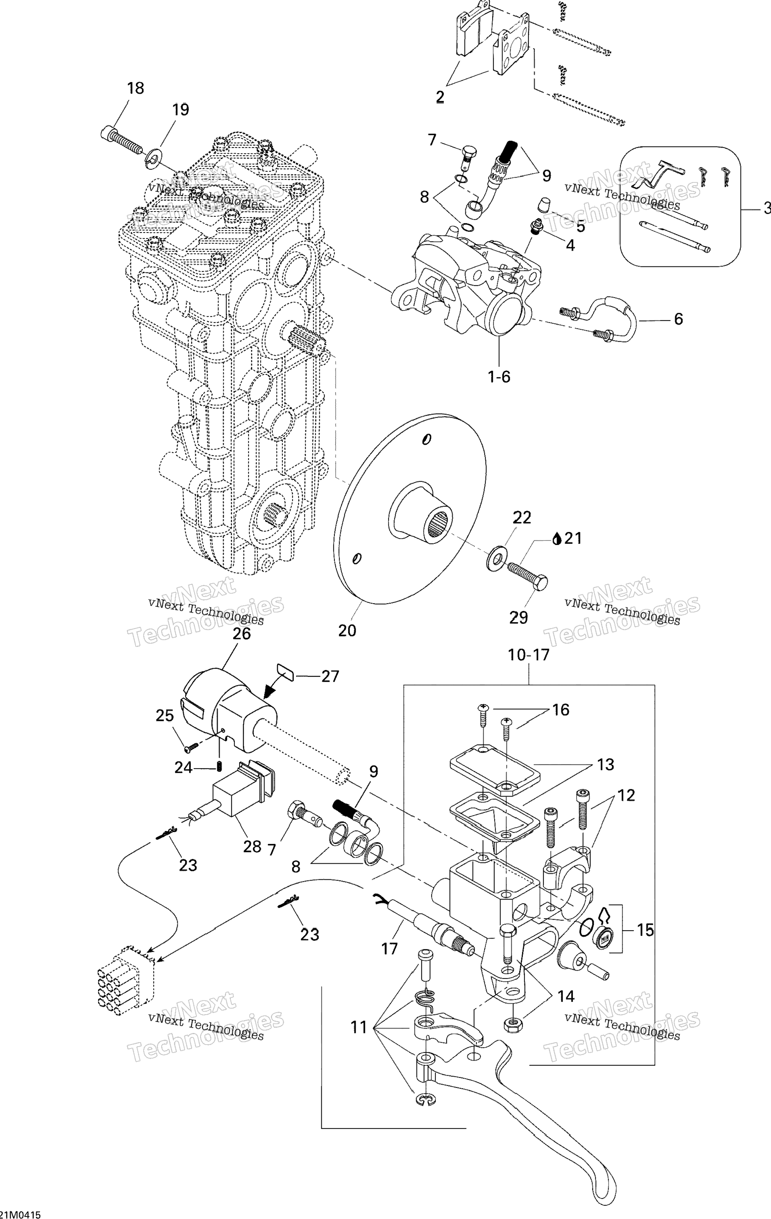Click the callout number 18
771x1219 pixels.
[135, 88]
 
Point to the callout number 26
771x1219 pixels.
[242, 633]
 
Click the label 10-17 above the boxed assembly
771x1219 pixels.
[529, 655]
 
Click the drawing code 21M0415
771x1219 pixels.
[21, 1214]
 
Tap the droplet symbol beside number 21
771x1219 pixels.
[557, 538]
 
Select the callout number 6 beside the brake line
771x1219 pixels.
[678, 319]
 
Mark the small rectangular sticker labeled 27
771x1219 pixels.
[286, 672]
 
